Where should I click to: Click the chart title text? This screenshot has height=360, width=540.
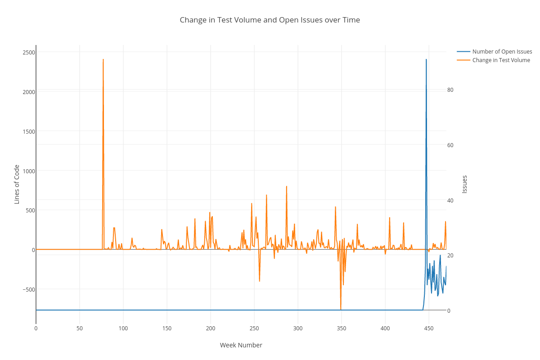click(x=270, y=20)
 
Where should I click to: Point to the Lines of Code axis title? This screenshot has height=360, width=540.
click(x=17, y=184)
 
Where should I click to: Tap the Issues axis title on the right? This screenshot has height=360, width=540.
click(x=464, y=184)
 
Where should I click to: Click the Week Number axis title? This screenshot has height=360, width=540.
click(x=241, y=345)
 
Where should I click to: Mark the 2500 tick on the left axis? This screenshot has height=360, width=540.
click(x=29, y=52)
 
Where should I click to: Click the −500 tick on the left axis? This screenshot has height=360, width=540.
click(x=28, y=289)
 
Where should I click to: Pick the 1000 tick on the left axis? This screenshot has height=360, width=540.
click(x=29, y=171)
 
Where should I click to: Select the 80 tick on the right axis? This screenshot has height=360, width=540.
click(x=450, y=90)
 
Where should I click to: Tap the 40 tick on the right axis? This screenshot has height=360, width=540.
click(x=450, y=200)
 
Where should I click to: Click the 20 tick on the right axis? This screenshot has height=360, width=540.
click(x=450, y=255)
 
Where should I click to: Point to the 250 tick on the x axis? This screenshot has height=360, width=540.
click(x=254, y=328)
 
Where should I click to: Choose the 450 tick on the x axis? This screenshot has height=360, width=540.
click(x=429, y=328)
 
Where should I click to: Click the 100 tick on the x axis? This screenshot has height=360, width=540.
click(x=123, y=328)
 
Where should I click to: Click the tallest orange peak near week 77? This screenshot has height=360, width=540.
click(x=103, y=59)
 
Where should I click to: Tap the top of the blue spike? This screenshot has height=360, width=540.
click(x=426, y=59)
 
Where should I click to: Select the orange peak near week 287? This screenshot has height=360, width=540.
click(x=286, y=186)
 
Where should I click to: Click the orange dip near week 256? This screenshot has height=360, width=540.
click(x=260, y=281)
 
